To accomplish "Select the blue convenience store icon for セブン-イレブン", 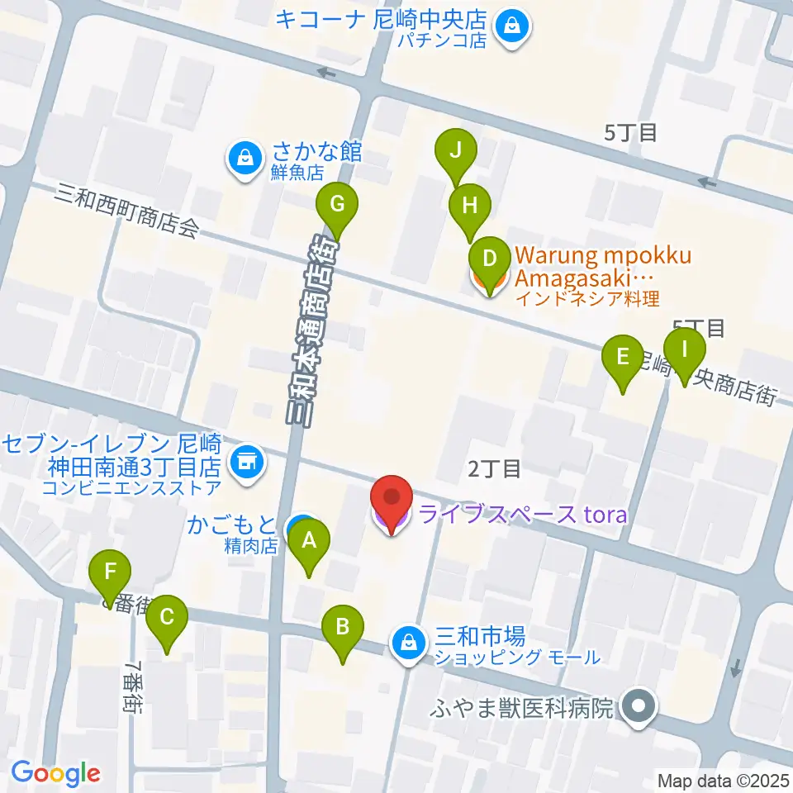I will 246,458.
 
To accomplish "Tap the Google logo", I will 55,773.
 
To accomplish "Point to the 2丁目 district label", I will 494,469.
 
